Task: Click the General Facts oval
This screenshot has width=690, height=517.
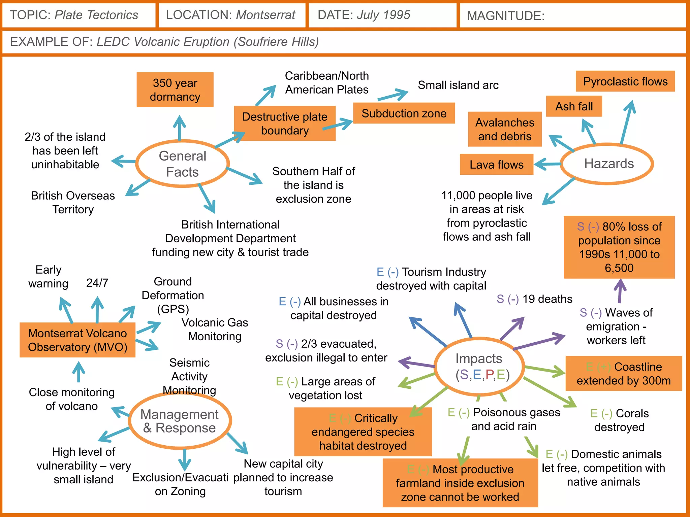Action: [x=182, y=164]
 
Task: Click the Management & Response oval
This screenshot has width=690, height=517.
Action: [x=180, y=421]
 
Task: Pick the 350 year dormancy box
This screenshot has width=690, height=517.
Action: [x=175, y=90]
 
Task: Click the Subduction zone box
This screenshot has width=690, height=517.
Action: [x=404, y=113]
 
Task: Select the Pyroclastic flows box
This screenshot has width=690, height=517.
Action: [x=625, y=81]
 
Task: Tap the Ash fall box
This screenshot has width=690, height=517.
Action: [x=574, y=106]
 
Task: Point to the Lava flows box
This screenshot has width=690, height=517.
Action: [x=496, y=165]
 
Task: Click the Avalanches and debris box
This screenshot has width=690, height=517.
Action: [x=504, y=129]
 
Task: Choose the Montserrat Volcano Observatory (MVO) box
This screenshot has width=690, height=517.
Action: [x=77, y=340]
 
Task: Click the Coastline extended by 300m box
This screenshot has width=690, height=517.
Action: [x=623, y=373]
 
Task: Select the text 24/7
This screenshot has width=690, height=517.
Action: [x=97, y=283]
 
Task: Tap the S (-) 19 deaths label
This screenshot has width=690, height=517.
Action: [x=534, y=299]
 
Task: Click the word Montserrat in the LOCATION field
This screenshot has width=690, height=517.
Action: [x=265, y=15]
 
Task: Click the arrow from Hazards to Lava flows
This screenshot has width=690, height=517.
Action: [x=547, y=164]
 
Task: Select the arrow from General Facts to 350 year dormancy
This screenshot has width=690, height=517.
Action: [x=180, y=128]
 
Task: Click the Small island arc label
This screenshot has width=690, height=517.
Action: [x=458, y=85]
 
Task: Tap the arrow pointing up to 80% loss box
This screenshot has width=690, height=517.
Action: [x=620, y=291]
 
